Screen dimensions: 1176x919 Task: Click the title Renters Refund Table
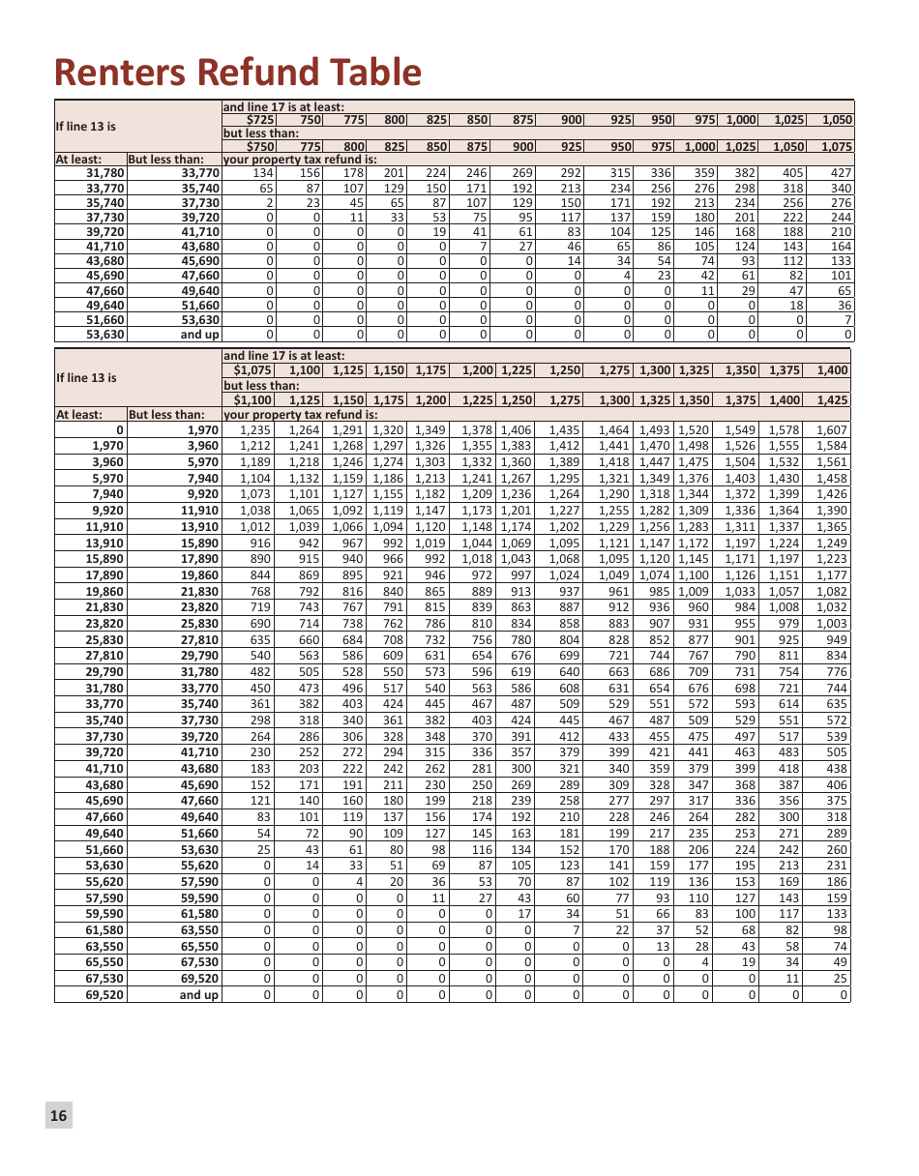(x=238, y=73)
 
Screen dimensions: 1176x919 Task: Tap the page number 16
(x=58, y=1115)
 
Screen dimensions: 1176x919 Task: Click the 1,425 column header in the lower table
(x=832, y=399)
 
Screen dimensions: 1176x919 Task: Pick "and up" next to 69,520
(x=198, y=994)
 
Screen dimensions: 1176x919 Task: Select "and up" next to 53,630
(x=199, y=335)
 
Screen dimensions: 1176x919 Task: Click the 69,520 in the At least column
(x=104, y=994)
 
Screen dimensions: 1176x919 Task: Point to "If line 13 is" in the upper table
(x=86, y=127)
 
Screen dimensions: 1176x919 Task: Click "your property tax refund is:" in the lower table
(x=300, y=415)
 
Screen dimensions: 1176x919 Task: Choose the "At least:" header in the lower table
(x=79, y=415)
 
